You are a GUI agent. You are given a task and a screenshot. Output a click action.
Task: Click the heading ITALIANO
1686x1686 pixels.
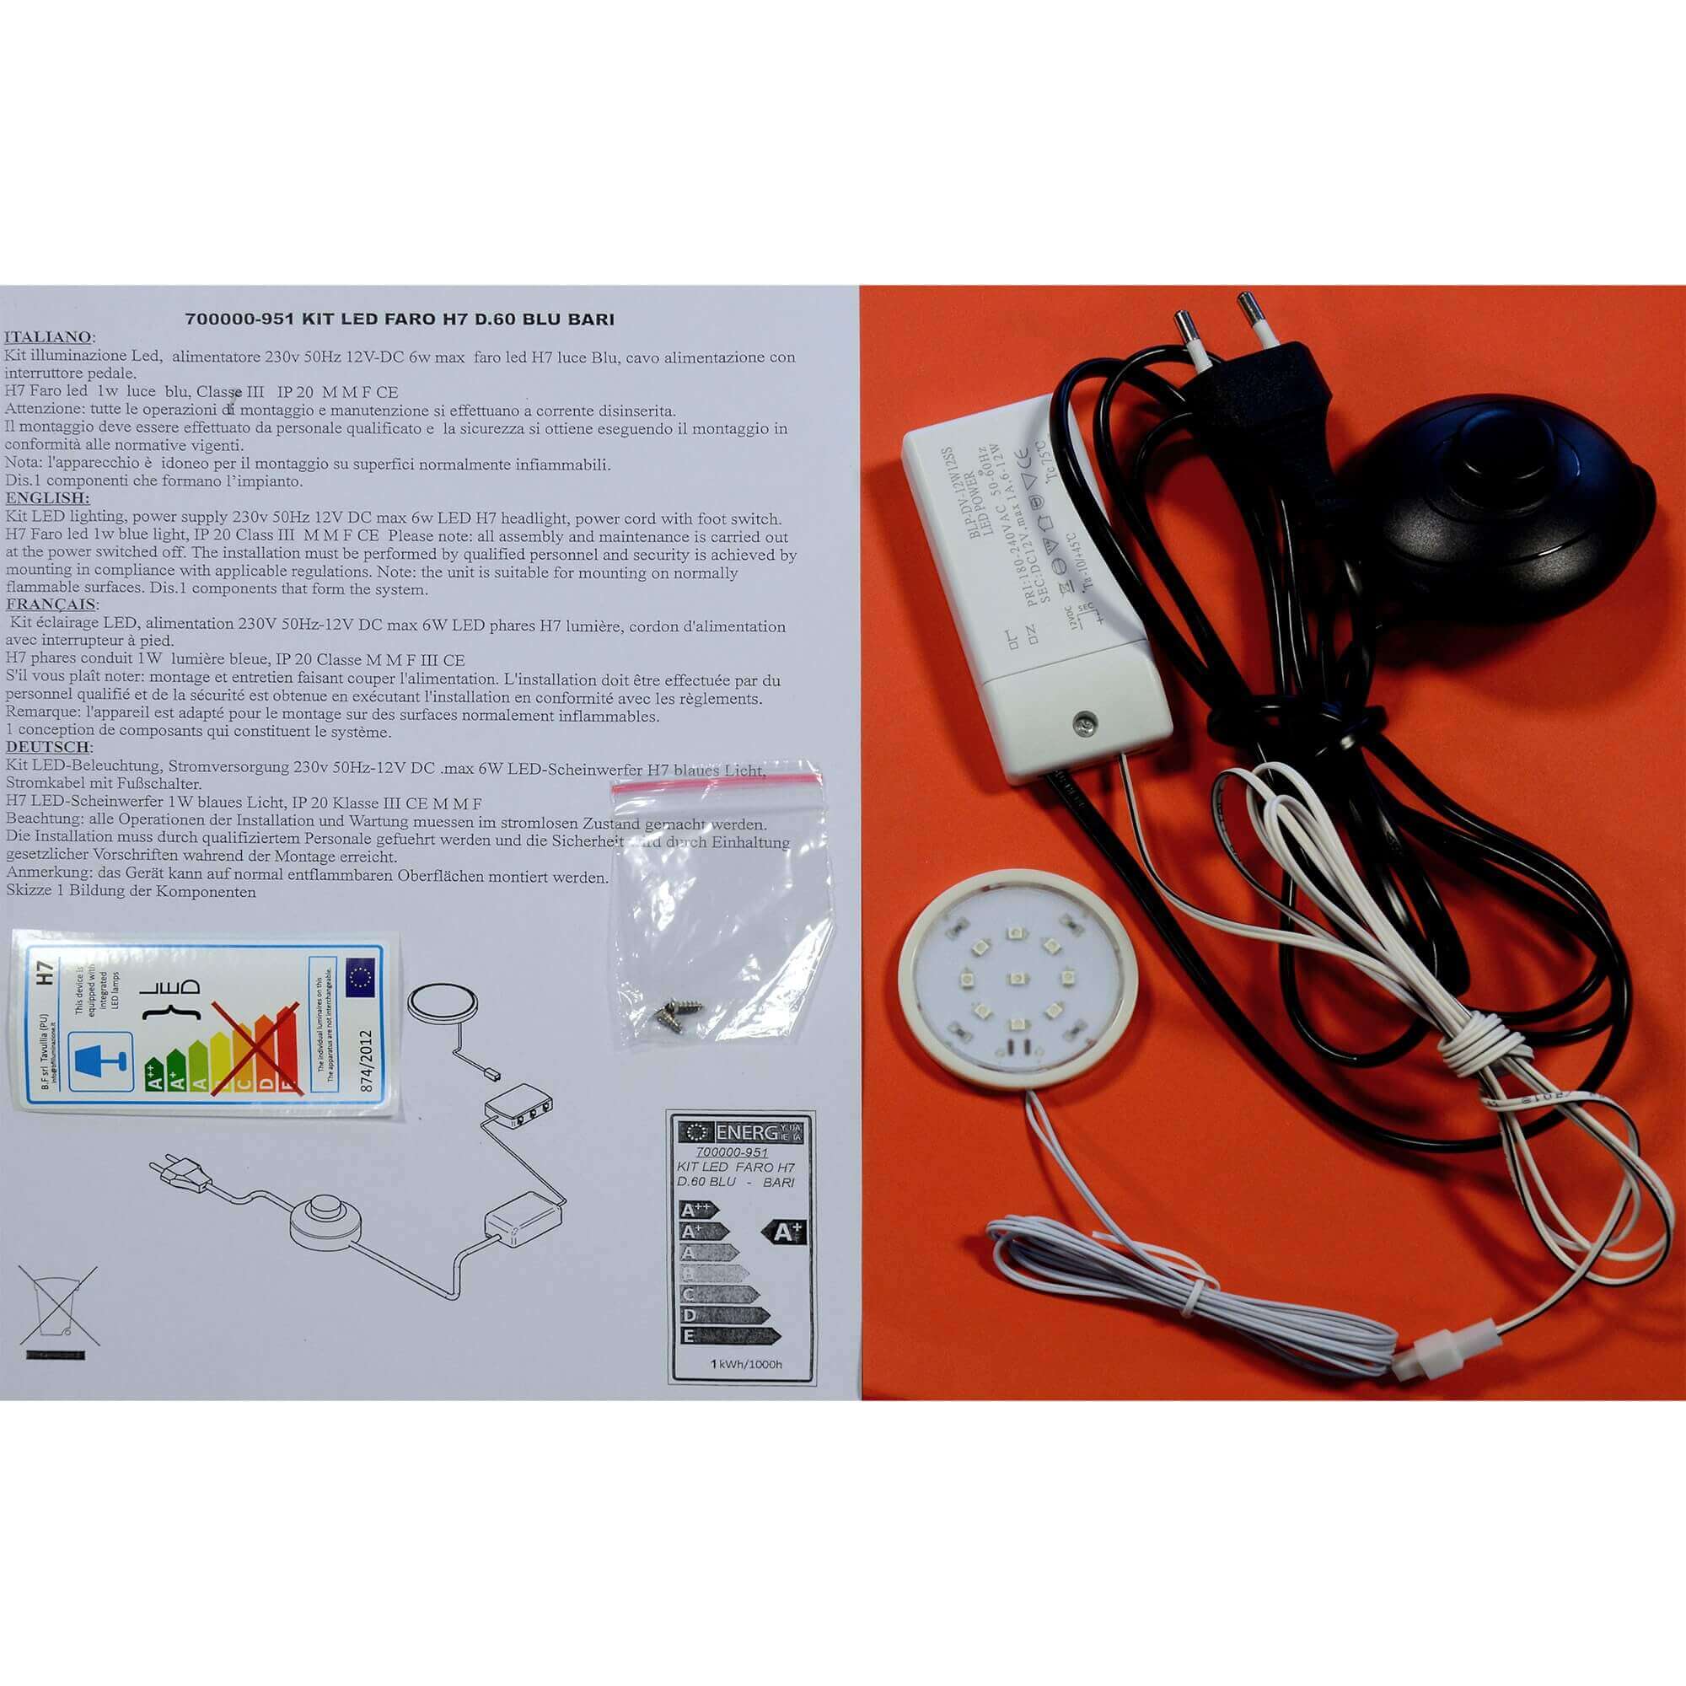pyautogui.click(x=50, y=338)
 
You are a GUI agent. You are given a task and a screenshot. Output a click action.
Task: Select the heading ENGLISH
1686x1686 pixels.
pyautogui.click(x=47, y=498)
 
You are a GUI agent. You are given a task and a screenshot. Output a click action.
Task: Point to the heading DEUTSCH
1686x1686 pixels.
pyautogui.click(x=49, y=747)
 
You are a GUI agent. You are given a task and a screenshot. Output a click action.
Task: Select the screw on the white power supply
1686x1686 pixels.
pyautogui.click(x=1084, y=721)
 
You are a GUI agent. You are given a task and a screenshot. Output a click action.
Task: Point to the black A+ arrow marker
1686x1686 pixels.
pyautogui.click(x=784, y=1232)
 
